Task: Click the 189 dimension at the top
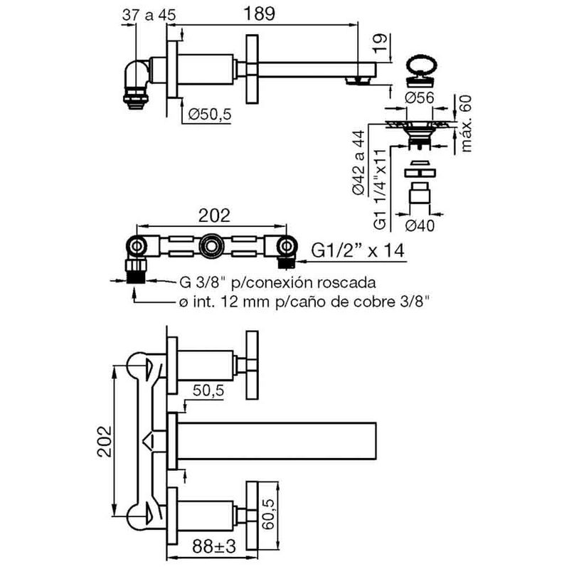click(259, 14)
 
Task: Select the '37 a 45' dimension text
click(149, 15)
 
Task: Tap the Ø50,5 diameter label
click(210, 115)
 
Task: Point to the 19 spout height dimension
click(380, 43)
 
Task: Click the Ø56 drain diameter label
click(420, 97)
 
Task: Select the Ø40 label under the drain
click(420, 225)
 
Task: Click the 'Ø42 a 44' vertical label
click(358, 163)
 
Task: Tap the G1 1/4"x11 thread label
click(380, 189)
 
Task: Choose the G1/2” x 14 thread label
click(358, 250)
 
